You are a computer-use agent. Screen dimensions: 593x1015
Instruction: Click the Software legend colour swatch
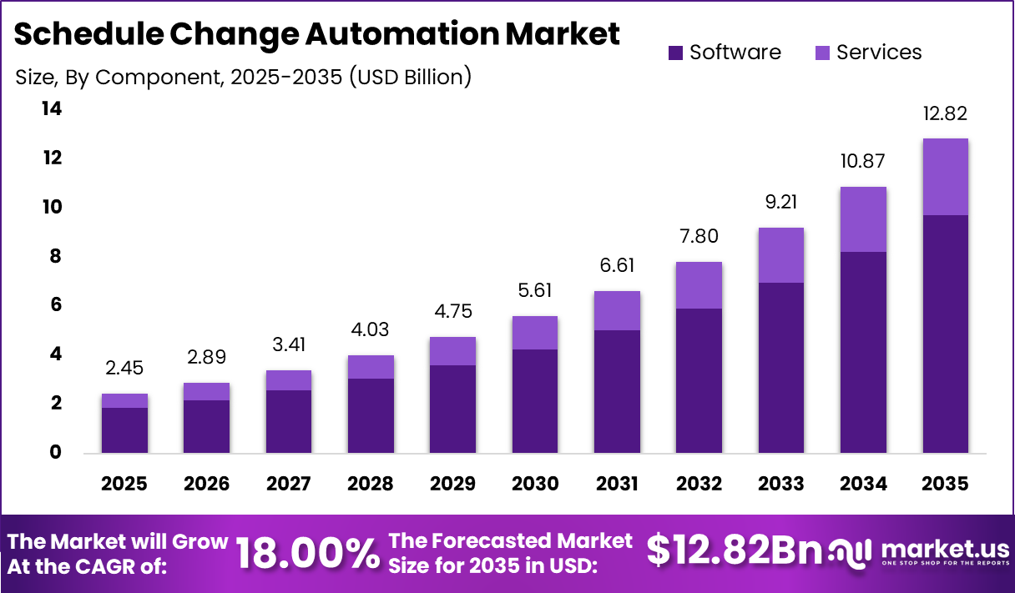tap(675, 53)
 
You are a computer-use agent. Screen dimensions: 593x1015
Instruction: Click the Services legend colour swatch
tap(822, 53)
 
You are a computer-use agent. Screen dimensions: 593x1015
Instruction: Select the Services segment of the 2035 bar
tap(945, 177)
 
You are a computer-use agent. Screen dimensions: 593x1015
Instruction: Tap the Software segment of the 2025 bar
tap(124, 430)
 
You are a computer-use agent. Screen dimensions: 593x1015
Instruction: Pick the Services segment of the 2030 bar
tap(534, 333)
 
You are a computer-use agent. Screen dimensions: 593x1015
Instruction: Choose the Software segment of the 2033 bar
tap(780, 368)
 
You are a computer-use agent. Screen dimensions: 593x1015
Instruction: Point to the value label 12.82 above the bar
tap(945, 114)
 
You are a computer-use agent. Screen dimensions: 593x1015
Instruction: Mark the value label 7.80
tap(699, 238)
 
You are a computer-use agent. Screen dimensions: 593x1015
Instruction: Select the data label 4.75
tap(452, 312)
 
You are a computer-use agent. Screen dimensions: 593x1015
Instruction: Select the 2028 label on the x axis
tap(371, 484)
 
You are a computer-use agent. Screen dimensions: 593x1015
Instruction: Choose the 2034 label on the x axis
tap(862, 484)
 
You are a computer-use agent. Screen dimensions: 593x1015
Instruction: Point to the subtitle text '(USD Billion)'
tap(410, 78)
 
